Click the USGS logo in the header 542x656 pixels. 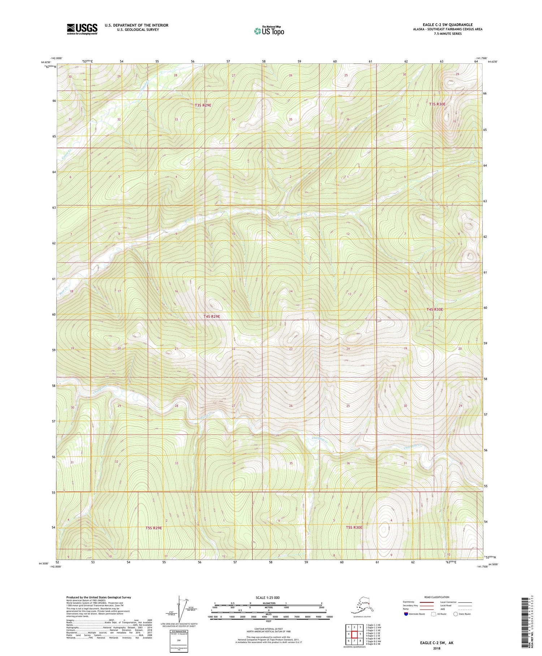pyautogui.click(x=82, y=29)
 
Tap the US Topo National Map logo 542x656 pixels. pyautogui.click(x=269, y=31)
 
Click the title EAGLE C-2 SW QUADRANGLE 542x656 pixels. pyautogui.click(x=445, y=25)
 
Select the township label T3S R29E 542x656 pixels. pyautogui.click(x=203, y=105)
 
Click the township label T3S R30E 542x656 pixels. pyautogui.click(x=437, y=104)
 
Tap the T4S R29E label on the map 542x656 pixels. pyautogui.click(x=212, y=316)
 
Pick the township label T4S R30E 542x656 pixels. pyautogui.click(x=434, y=309)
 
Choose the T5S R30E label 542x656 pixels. pyautogui.click(x=354, y=528)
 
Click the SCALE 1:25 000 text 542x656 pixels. pyautogui.click(x=268, y=598)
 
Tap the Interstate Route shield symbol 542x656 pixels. pyautogui.click(x=406, y=614)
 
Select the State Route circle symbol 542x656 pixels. pyautogui.click(x=455, y=614)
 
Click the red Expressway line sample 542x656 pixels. pyautogui.click(x=429, y=602)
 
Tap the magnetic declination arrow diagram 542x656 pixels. pyautogui.click(x=180, y=608)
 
